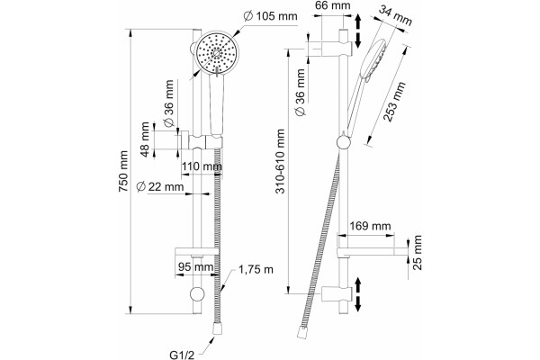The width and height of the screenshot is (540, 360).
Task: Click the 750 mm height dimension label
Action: click(x=123, y=172)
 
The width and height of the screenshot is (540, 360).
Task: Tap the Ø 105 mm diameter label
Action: click(x=271, y=16)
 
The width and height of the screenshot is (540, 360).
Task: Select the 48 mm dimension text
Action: click(x=146, y=139)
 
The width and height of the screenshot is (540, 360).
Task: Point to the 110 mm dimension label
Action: click(x=202, y=166)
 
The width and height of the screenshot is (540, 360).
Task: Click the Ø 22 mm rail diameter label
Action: click(x=160, y=186)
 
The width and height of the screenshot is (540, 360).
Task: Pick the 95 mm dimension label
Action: click(x=195, y=267)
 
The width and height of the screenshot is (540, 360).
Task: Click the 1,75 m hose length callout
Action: click(x=256, y=269)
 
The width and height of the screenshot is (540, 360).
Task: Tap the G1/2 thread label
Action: click(x=183, y=354)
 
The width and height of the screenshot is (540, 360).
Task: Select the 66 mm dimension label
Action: click(x=333, y=5)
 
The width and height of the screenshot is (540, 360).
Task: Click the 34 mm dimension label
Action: click(x=395, y=15)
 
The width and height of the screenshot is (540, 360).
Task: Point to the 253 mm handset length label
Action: click(x=395, y=102)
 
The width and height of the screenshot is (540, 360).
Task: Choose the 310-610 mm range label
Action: click(x=281, y=161)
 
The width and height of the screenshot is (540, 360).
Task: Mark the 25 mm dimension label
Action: click(x=417, y=253)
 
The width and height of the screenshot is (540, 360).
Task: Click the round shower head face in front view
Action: click(x=216, y=52)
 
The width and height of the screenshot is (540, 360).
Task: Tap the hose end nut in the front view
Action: click(x=217, y=328)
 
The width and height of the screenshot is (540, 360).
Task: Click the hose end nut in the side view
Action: click(x=302, y=333)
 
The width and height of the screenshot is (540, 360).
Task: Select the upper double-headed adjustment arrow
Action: click(x=358, y=31)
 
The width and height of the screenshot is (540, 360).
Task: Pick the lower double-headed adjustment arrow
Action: click(x=358, y=294)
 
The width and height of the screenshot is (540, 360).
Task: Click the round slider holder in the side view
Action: click(x=344, y=141)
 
